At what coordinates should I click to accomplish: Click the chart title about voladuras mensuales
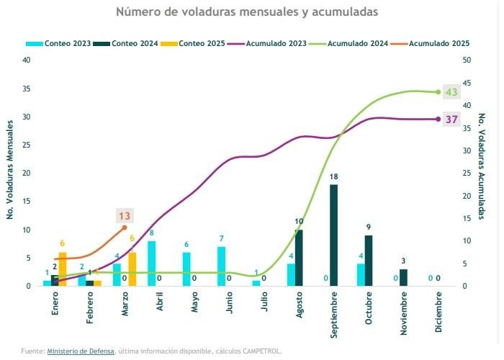(246, 12)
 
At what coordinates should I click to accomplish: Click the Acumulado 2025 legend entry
(431, 44)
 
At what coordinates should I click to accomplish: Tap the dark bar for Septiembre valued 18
(334, 235)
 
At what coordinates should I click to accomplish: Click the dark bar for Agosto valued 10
(299, 258)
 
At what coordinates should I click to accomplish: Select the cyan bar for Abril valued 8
(152, 264)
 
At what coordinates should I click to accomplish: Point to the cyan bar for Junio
(222, 266)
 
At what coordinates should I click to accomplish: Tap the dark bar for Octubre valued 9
(369, 261)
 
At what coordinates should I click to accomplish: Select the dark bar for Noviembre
(404, 278)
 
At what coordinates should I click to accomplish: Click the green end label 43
(451, 92)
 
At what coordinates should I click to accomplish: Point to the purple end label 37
(451, 119)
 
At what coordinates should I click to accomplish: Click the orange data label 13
(125, 215)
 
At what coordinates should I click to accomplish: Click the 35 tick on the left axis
(27, 89)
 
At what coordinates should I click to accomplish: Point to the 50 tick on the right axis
(467, 60)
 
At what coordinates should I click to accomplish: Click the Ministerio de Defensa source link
(80, 351)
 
